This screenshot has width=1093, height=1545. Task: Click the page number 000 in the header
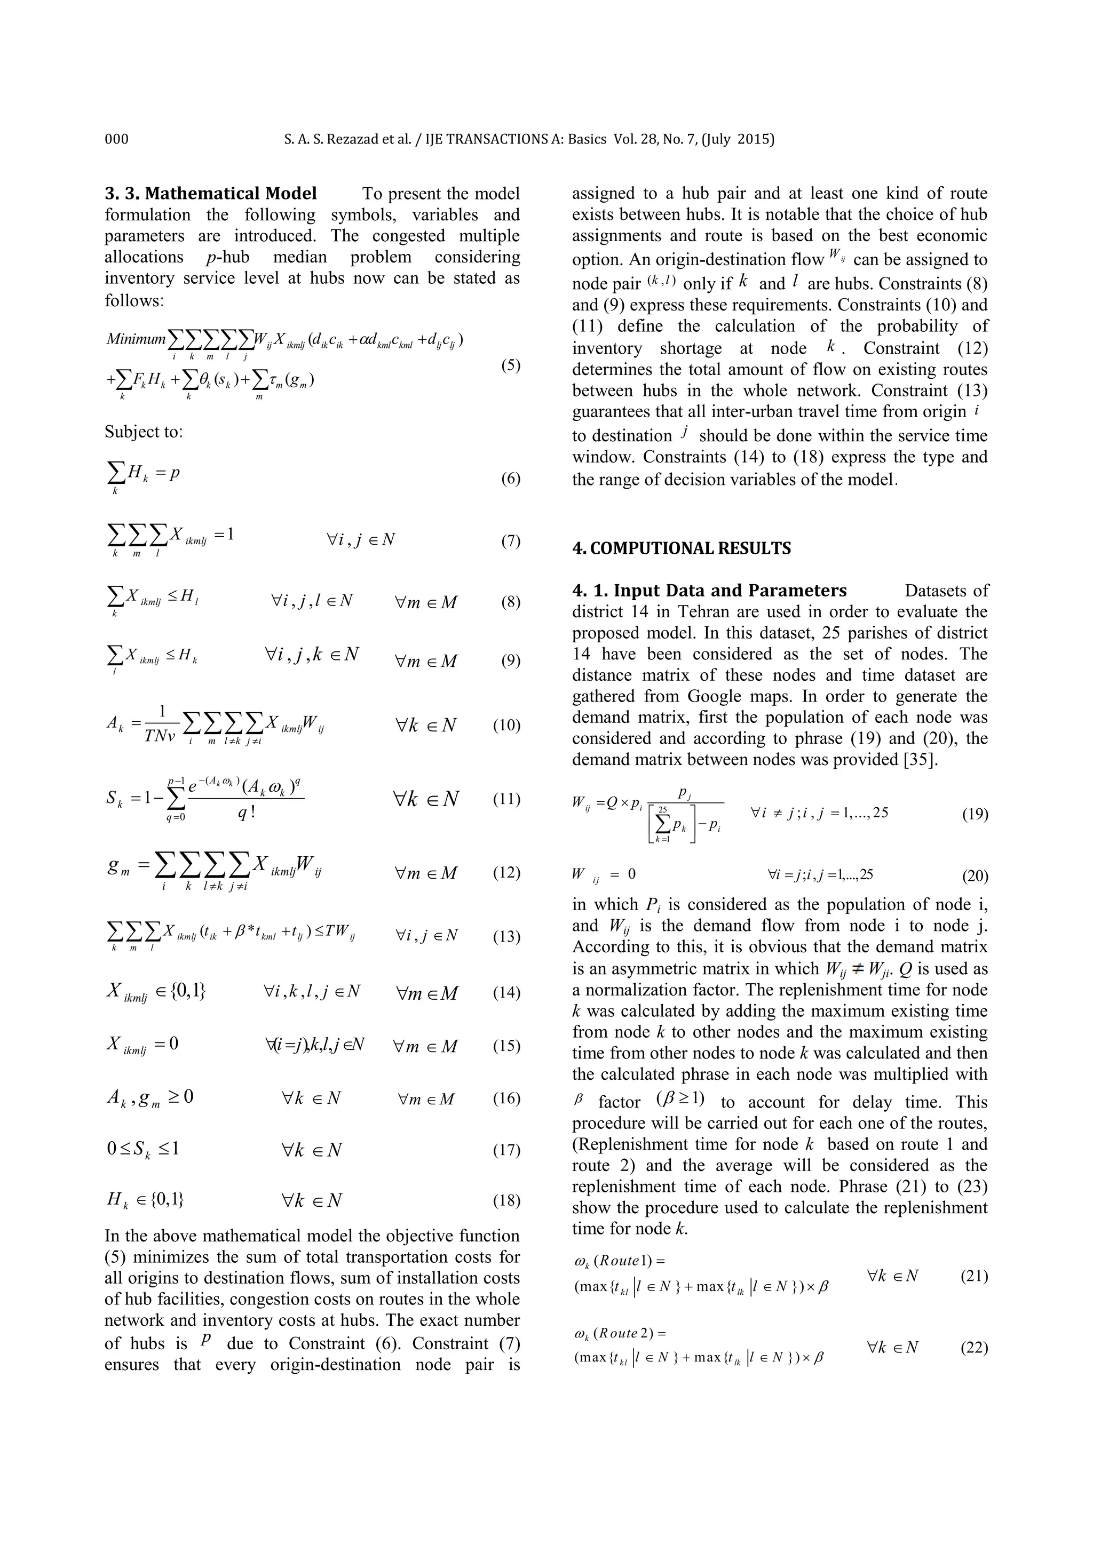click(116, 139)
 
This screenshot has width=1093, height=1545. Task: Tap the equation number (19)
click(975, 815)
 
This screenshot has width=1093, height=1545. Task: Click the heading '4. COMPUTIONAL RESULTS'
click(681, 548)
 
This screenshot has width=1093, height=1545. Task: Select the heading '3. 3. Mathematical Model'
click(211, 194)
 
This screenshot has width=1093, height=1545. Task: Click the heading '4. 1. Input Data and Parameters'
click(709, 591)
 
